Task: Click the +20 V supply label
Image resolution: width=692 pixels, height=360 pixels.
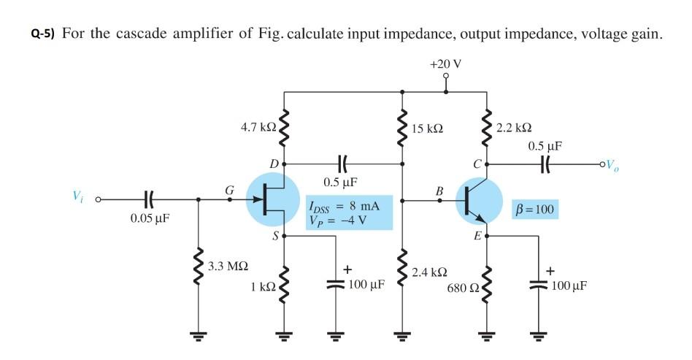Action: click(445, 64)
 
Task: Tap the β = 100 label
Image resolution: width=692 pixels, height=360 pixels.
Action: click(536, 210)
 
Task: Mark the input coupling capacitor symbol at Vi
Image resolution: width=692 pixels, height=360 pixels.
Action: click(147, 198)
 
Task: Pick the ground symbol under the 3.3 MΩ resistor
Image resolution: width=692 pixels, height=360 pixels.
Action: click(198, 337)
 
